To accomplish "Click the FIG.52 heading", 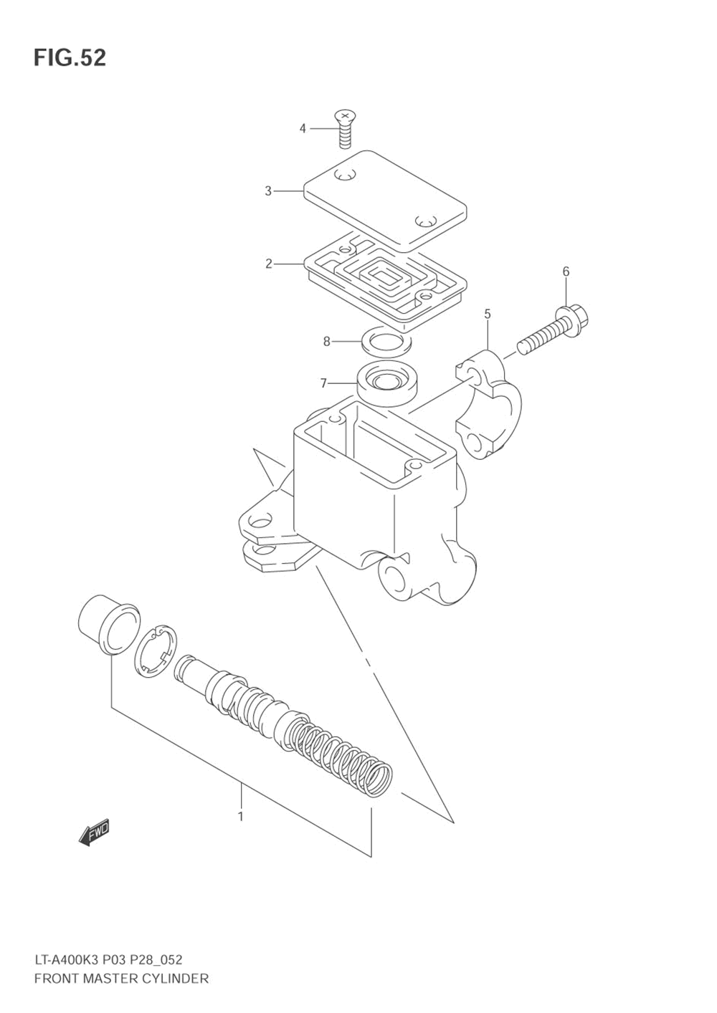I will tap(70, 58).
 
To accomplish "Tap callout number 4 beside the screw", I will tap(303, 128).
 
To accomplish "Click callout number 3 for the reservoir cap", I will tap(268, 191).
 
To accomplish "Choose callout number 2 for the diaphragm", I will tap(269, 264).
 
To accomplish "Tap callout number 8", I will tap(327, 342).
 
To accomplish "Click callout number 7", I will tap(324, 383).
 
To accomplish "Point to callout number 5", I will tap(488, 314).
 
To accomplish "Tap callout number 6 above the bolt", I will tap(566, 272).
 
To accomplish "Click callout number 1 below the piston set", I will tap(240, 816).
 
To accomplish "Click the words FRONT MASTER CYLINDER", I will tap(121, 978).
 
